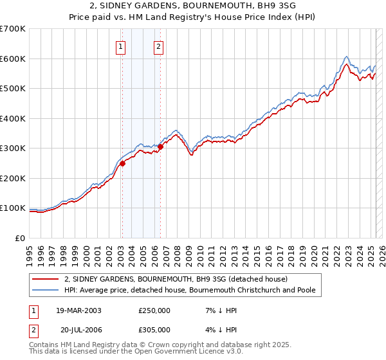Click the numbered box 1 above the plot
tap(122, 46)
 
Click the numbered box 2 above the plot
tap(159, 46)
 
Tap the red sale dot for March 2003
tap(122, 163)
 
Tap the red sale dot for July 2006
tap(160, 147)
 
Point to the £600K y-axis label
tap(13, 59)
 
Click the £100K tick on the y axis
tap(13, 208)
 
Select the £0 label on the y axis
tap(21, 238)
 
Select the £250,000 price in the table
tap(154, 310)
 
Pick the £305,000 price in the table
tap(154, 329)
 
